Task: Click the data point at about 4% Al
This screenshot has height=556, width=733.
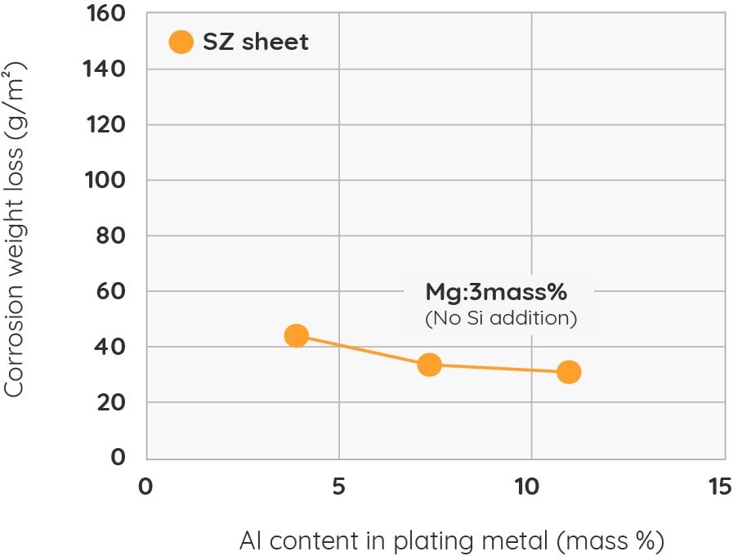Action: pos(296,335)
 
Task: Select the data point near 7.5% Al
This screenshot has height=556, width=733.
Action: pos(429,365)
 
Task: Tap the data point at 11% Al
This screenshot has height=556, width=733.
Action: pos(569,372)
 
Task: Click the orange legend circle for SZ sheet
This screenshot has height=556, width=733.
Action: pos(181,42)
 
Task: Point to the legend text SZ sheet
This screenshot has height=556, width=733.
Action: pos(255,42)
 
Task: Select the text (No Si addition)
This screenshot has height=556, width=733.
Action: pos(500,318)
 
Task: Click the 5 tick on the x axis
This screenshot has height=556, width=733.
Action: pos(338,487)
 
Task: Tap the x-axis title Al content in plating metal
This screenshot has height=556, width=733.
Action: pos(452,540)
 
